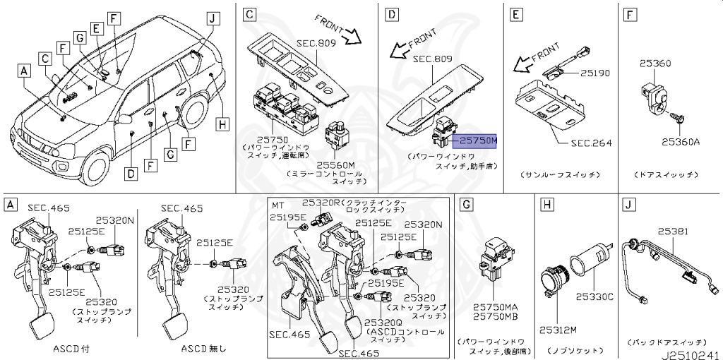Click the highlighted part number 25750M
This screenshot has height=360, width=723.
[475, 140]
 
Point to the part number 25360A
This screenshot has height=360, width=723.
[680, 141]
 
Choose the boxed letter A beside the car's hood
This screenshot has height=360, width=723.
[25, 71]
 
